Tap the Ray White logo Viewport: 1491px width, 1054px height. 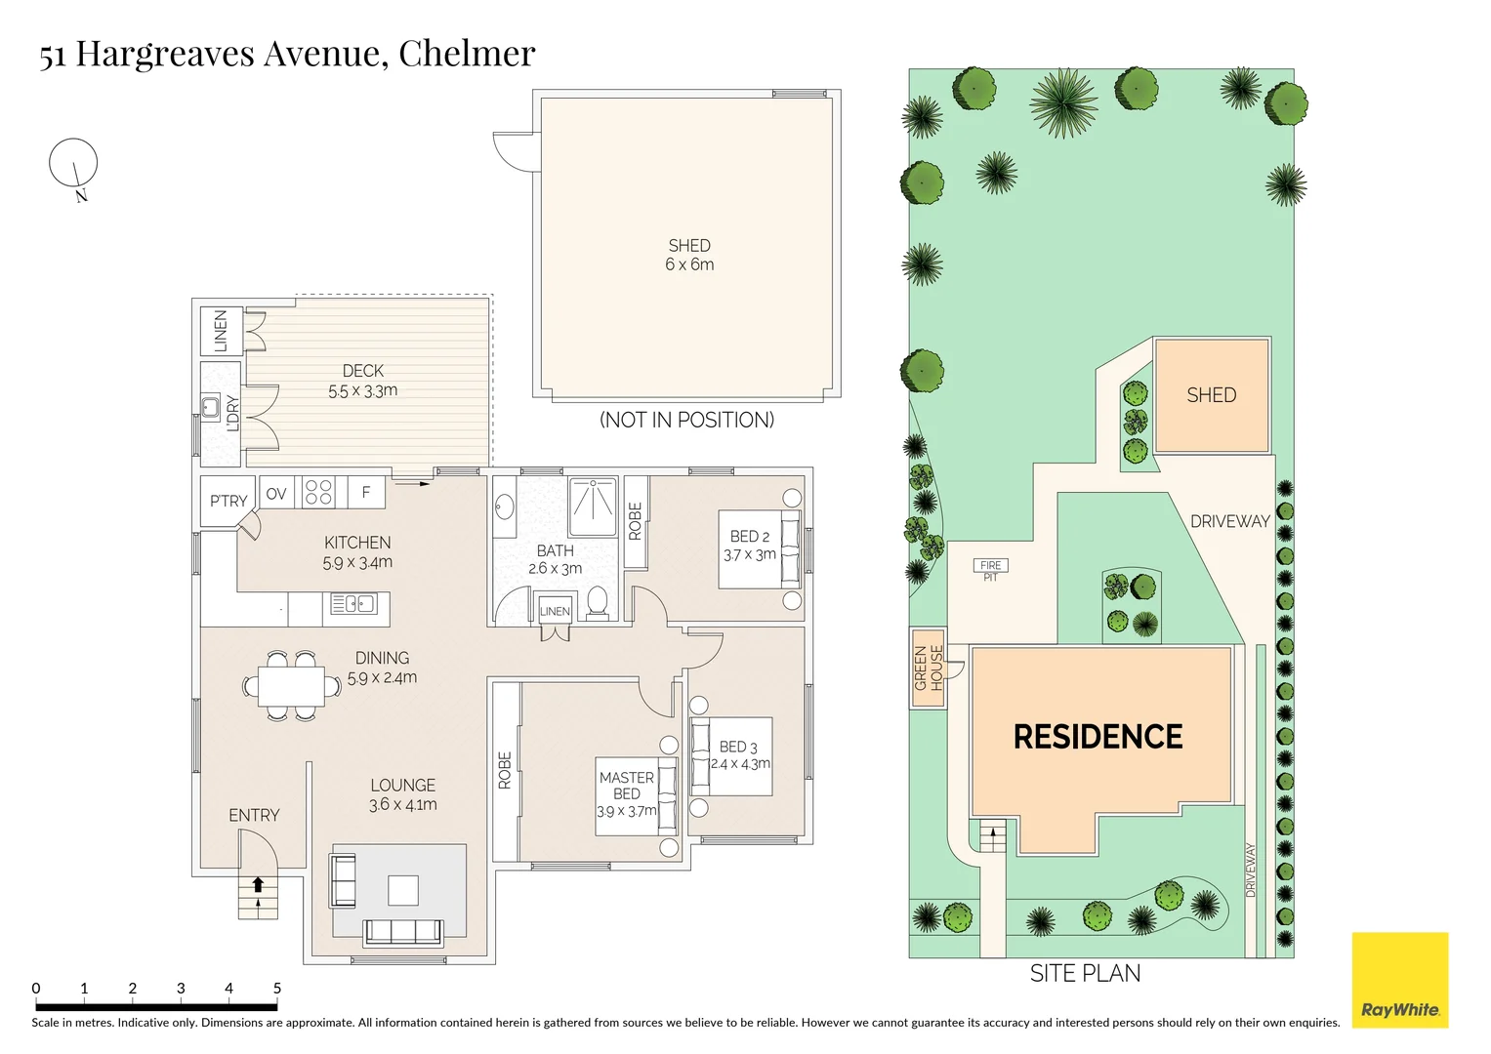click(x=1399, y=980)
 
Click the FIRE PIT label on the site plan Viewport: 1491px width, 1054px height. click(x=990, y=570)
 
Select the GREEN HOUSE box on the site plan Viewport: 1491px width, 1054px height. click(x=928, y=669)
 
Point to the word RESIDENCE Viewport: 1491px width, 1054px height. click(x=1098, y=737)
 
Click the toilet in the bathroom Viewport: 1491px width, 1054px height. click(x=597, y=603)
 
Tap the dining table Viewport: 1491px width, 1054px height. click(x=292, y=685)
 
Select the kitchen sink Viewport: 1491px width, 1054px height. click(x=352, y=603)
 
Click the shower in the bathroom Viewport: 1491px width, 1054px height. click(x=593, y=507)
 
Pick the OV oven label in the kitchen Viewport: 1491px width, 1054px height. click(x=275, y=493)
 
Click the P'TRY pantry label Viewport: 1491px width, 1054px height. click(x=228, y=501)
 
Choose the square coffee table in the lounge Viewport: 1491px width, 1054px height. click(x=402, y=890)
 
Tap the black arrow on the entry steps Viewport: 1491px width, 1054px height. click(x=258, y=883)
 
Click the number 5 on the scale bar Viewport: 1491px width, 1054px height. click(x=277, y=988)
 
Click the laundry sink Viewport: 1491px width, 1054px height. click(x=210, y=406)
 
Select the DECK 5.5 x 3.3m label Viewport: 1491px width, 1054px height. click(x=363, y=381)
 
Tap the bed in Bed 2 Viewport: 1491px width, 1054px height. click(x=759, y=548)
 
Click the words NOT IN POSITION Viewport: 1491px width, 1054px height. click(x=687, y=420)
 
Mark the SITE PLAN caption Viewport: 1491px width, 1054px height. click(x=1085, y=974)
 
